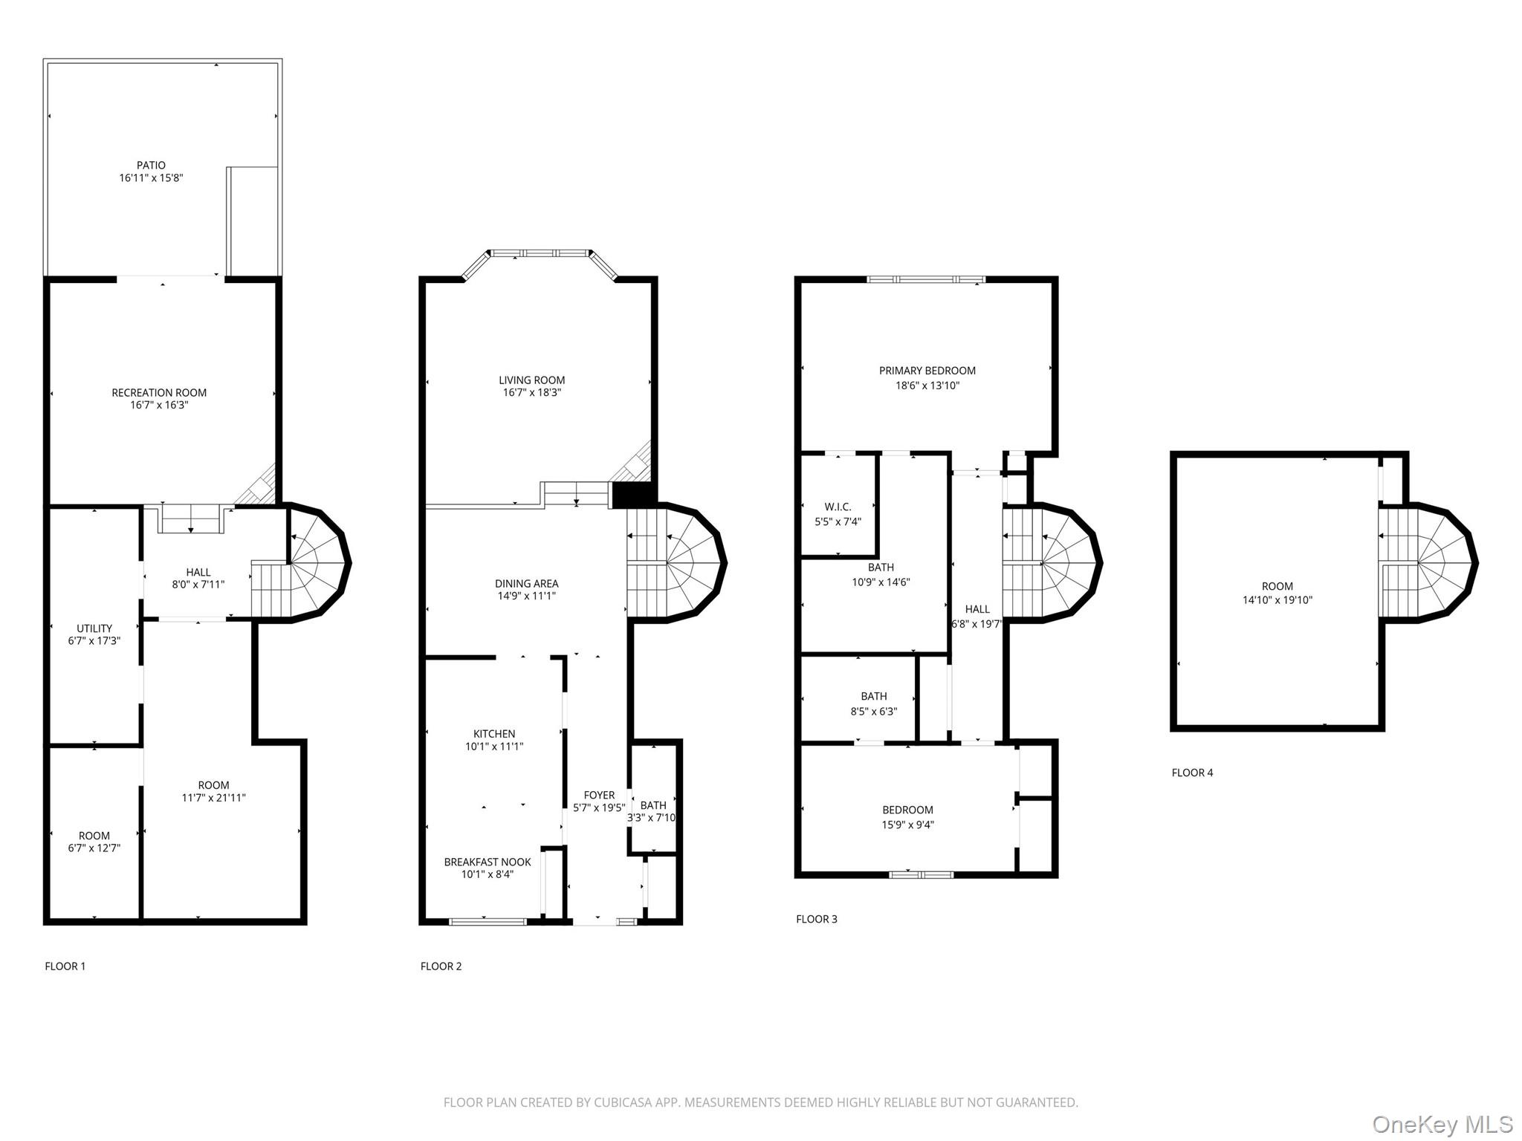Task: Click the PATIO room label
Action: click(151, 165)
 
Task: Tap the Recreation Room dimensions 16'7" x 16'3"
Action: click(159, 405)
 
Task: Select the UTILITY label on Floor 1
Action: click(94, 628)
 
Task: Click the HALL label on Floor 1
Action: click(198, 572)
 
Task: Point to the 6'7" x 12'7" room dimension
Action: click(94, 848)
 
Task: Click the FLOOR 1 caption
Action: click(65, 966)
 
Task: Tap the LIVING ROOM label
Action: click(531, 380)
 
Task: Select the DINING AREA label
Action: click(526, 584)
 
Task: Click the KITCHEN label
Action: click(494, 734)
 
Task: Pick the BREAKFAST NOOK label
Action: click(488, 862)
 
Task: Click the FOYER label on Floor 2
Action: click(599, 795)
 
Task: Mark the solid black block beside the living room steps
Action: click(632, 495)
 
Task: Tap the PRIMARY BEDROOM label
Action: click(927, 371)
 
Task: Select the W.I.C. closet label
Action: click(838, 507)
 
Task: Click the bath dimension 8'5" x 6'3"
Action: click(874, 711)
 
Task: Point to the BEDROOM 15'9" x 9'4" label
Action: click(907, 810)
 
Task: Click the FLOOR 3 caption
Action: click(816, 919)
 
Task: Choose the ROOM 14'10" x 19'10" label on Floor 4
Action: click(1277, 586)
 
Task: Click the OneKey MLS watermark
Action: click(1442, 1124)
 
